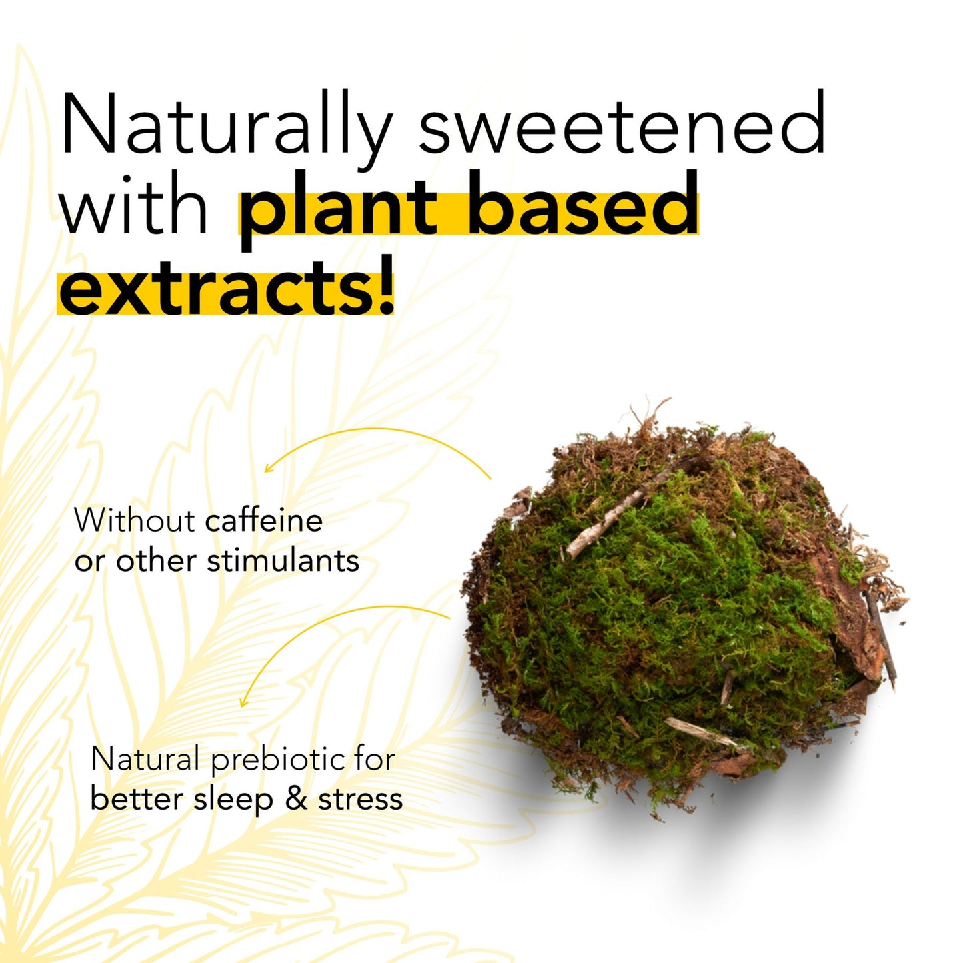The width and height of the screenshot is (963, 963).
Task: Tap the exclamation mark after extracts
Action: pyautogui.click(x=385, y=285)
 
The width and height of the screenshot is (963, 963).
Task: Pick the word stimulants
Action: pyautogui.click(x=283, y=560)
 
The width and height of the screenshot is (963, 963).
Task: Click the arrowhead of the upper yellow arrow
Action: pyautogui.click(x=267, y=469)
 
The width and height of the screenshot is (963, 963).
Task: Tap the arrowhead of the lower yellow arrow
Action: pyautogui.click(x=243, y=702)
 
